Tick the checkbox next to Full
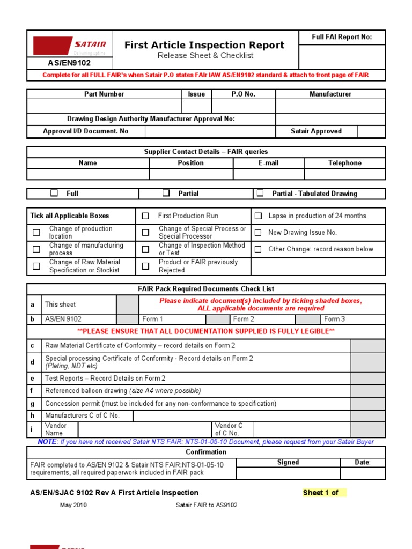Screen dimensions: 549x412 click(54, 193)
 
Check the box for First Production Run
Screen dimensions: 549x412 click(145, 216)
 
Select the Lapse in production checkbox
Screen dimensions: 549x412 click(258, 216)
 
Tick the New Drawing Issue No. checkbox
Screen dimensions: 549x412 click(258, 233)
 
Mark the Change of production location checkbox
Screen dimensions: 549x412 click(36, 233)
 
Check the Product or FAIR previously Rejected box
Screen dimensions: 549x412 click(145, 266)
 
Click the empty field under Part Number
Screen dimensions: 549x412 click(104, 106)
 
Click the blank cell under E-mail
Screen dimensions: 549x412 click(268, 174)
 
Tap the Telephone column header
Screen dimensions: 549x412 click(344, 163)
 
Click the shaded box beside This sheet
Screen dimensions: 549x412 click(127, 305)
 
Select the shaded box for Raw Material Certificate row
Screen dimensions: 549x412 click(367, 346)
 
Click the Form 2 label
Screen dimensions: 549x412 click(244, 319)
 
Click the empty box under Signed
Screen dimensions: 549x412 click(288, 473)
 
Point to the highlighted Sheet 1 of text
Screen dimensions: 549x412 click(321, 493)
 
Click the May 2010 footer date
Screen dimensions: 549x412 click(73, 505)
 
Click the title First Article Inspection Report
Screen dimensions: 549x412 click(204, 45)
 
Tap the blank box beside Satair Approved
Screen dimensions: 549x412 click(371, 131)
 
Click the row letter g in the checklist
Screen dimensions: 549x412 click(32, 404)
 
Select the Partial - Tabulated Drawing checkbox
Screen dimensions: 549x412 click(260, 193)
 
